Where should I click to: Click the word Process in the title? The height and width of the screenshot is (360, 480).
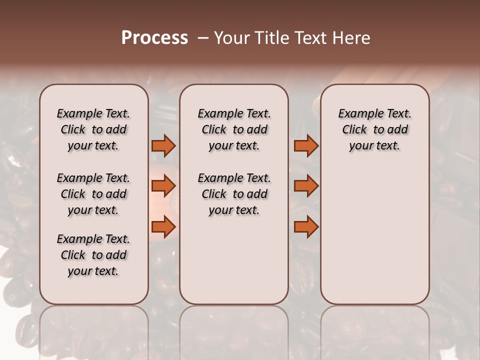click(154, 38)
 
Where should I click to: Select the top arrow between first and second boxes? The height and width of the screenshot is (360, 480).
click(163, 146)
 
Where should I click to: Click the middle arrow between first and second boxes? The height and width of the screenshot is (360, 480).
click(163, 186)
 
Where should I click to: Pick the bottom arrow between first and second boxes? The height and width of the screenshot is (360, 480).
click(163, 226)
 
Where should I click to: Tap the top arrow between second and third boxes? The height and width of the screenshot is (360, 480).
click(306, 146)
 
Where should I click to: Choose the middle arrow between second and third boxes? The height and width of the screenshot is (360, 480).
click(306, 186)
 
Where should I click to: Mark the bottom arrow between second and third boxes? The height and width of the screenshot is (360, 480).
click(306, 226)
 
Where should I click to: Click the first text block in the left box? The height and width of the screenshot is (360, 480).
click(93, 129)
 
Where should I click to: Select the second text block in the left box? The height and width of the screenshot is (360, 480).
click(93, 194)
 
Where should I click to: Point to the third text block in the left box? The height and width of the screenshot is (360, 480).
click(93, 255)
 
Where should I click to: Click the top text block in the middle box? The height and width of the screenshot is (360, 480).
click(234, 129)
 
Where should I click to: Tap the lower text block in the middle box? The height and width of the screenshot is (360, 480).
click(234, 194)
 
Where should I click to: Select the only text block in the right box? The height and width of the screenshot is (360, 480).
click(374, 129)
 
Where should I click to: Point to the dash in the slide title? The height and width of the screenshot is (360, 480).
click(203, 38)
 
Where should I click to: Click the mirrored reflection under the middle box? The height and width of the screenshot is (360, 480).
click(234, 330)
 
